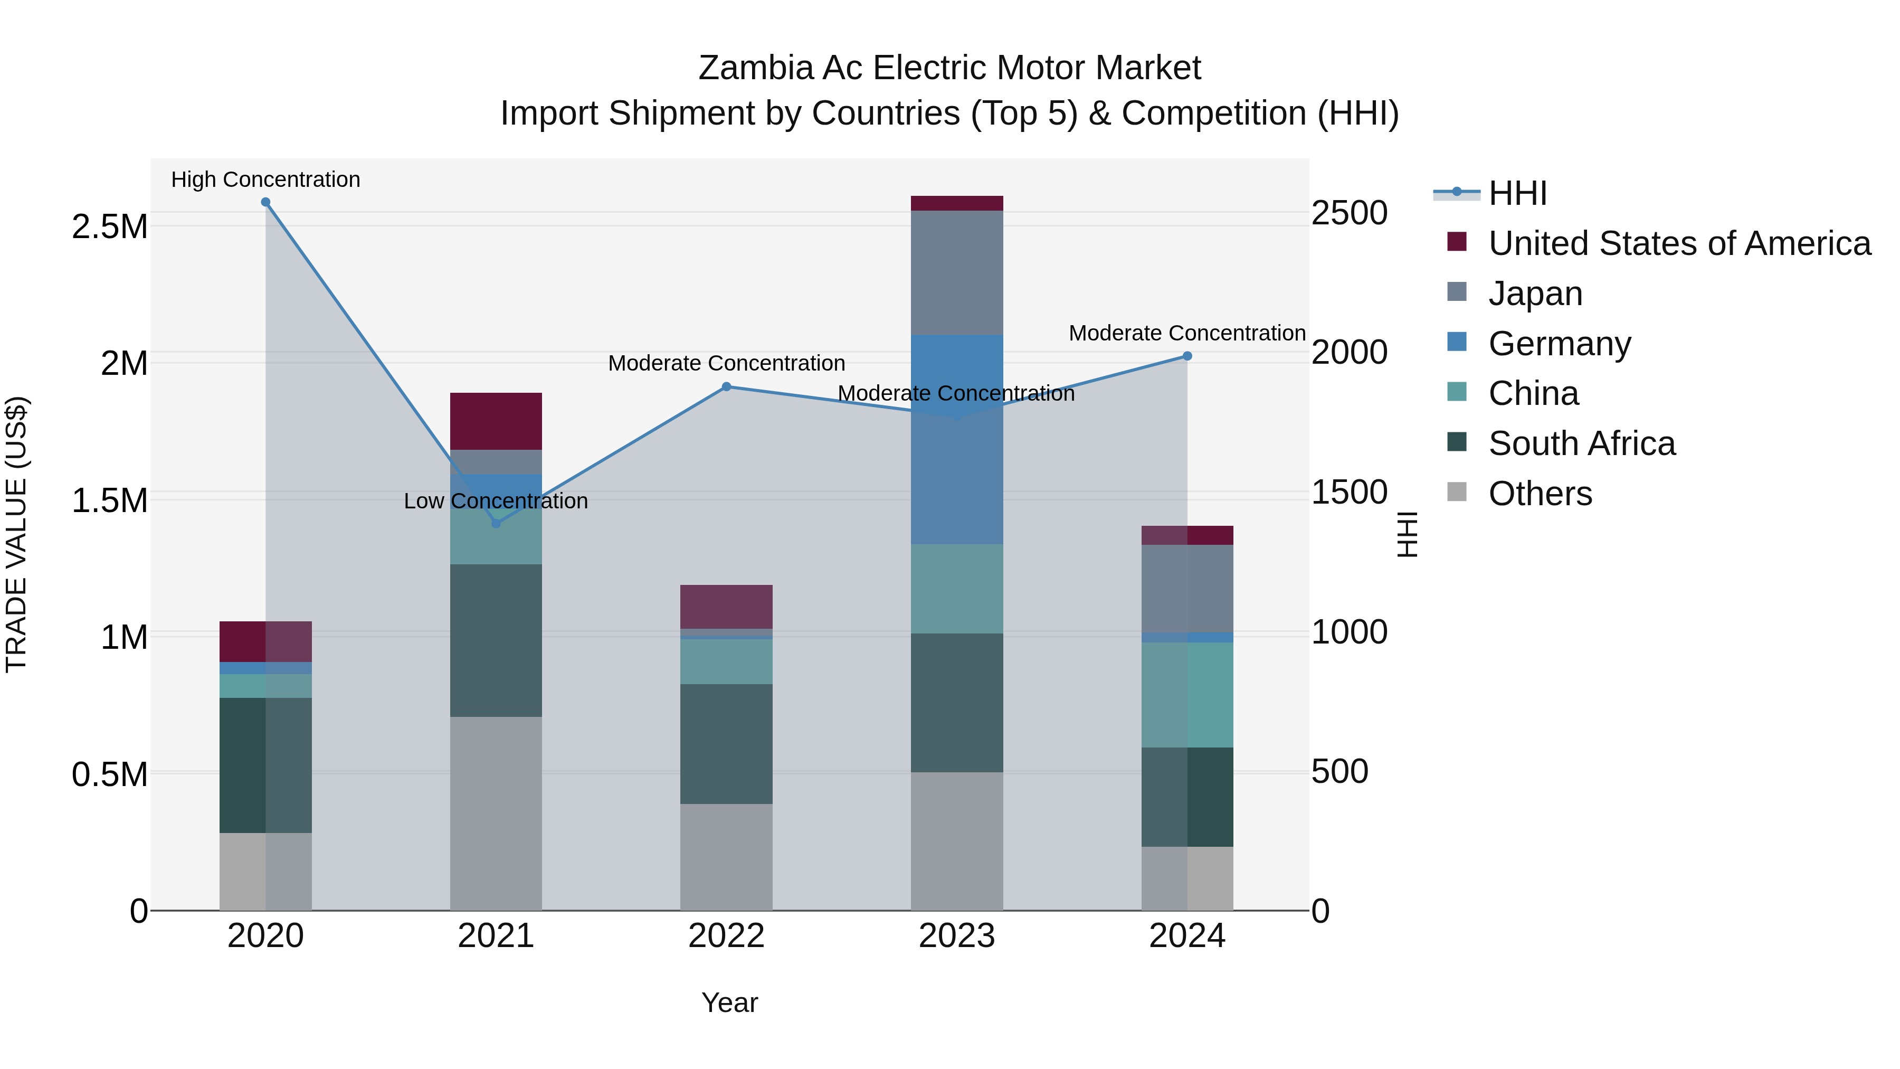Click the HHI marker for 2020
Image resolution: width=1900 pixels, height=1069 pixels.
tap(265, 202)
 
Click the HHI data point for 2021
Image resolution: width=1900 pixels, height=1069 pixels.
tap(496, 524)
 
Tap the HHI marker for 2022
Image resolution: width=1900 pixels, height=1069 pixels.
tap(727, 386)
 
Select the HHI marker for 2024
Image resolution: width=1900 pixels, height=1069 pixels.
tap(1187, 356)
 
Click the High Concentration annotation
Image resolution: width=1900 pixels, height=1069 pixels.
tap(265, 179)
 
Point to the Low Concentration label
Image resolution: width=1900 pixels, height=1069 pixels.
tap(496, 501)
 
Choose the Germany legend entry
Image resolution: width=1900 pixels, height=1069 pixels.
tap(1559, 344)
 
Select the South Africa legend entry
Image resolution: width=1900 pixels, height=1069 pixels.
tap(1581, 443)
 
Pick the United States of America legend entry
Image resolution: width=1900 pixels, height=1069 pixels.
tap(1679, 243)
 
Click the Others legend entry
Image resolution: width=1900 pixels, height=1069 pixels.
tap(1540, 494)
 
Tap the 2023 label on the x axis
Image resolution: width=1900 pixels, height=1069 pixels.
tap(957, 936)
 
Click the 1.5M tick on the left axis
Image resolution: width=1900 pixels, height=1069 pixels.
tap(110, 501)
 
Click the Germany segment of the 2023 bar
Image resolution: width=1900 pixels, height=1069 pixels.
tap(957, 440)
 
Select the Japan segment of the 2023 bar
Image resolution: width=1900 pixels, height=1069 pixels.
tap(957, 272)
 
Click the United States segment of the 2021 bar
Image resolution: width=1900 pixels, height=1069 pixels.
tap(496, 421)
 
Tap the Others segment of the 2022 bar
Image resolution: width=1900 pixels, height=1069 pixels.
tap(727, 857)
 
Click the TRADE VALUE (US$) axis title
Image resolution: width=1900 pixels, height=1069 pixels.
tap(16, 534)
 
